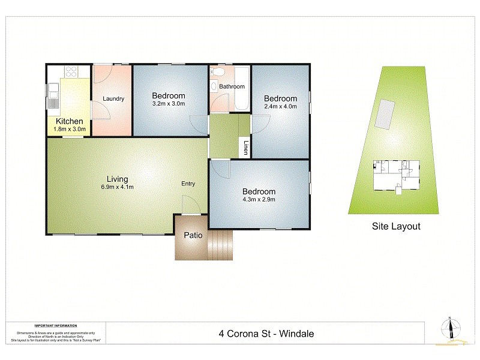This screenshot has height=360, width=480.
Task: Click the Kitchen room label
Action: pyautogui.click(x=69, y=121)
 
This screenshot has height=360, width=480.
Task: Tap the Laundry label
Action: pyautogui.click(x=113, y=99)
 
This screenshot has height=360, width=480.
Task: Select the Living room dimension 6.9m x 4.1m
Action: pyautogui.click(x=117, y=187)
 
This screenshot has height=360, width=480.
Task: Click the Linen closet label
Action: pyautogui.click(x=245, y=148)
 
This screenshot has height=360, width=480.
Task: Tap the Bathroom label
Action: pyautogui.click(x=232, y=86)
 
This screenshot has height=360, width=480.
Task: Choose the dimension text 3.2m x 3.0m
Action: pyautogui.click(x=168, y=104)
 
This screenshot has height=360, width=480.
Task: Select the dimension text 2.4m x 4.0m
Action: pyautogui.click(x=280, y=107)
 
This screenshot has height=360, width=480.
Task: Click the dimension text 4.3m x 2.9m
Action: pyautogui.click(x=259, y=199)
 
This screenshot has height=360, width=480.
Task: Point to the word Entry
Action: pyautogui.click(x=188, y=184)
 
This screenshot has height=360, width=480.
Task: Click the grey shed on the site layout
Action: pyautogui.click(x=384, y=114)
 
